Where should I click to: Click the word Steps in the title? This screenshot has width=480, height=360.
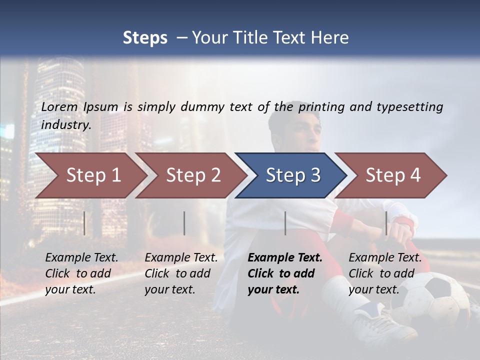(x=145, y=38)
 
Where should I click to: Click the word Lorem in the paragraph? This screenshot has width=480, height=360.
(x=59, y=106)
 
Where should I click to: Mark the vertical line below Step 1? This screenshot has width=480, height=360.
(x=84, y=223)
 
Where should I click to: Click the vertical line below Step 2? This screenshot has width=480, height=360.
(x=184, y=223)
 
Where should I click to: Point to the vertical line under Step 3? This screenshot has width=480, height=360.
(x=285, y=223)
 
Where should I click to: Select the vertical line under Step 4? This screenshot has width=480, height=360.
(x=386, y=223)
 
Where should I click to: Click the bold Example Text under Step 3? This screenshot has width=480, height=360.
(x=285, y=273)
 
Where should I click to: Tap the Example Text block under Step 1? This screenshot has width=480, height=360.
(x=81, y=273)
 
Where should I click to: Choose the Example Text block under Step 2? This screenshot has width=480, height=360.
(x=181, y=273)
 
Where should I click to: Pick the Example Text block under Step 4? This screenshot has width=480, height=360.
(x=385, y=273)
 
